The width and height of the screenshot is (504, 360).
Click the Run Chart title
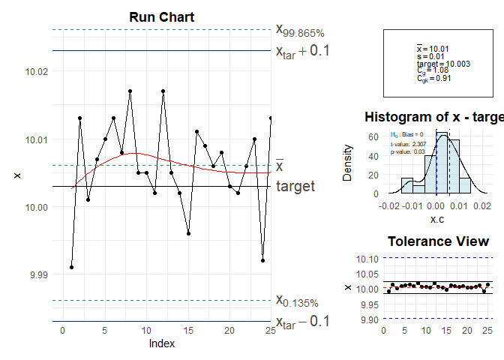tap(162, 17)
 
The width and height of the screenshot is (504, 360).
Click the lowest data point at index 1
tap(71, 267)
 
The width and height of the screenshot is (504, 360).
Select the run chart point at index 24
tap(263, 260)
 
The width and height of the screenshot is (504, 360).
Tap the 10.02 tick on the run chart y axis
tap(37, 72)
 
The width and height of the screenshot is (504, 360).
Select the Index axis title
tap(162, 343)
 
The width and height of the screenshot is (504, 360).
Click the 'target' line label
tap(295, 186)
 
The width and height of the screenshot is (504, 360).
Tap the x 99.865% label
tap(300, 31)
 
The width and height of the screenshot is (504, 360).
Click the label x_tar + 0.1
tap(303, 52)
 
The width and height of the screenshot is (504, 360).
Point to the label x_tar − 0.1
tap(303, 322)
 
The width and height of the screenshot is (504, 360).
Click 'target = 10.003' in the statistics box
tap(443, 64)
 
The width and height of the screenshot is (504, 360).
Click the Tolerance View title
tap(438, 241)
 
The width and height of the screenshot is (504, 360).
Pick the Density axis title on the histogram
tap(347, 163)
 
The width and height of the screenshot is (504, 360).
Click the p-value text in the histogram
tap(408, 152)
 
